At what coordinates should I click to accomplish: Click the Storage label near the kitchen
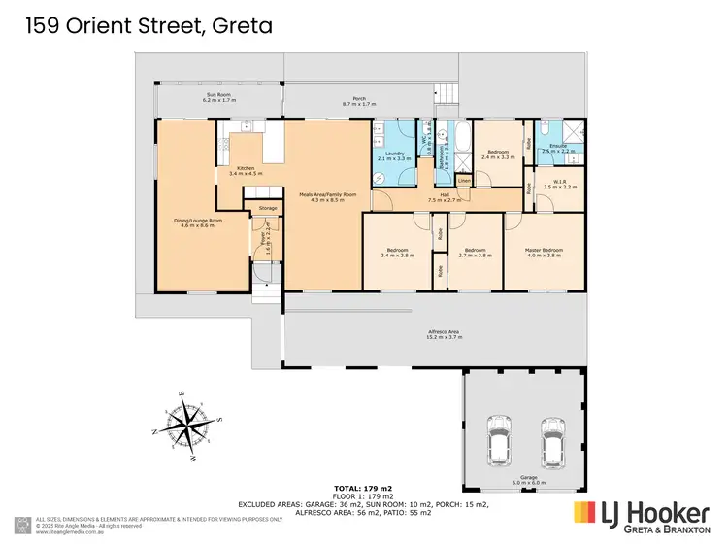point(267,208)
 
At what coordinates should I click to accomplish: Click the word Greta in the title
point(239,25)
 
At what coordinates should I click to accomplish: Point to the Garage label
point(526,480)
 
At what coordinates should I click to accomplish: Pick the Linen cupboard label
point(464,181)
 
